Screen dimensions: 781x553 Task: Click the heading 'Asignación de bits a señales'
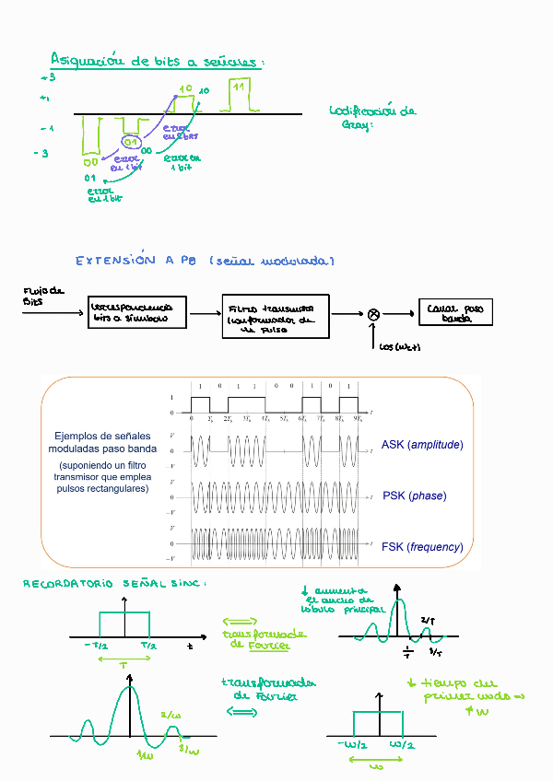tap(157, 62)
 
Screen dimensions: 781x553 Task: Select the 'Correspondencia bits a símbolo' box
tap(137, 313)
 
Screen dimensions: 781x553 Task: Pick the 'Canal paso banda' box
tap(455, 313)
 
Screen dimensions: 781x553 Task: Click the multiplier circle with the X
tap(373, 314)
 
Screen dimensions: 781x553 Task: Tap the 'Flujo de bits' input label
tap(42, 297)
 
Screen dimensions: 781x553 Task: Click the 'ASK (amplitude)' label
tap(422, 445)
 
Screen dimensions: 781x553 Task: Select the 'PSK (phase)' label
tap(414, 495)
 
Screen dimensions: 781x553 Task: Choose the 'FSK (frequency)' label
tap(422, 547)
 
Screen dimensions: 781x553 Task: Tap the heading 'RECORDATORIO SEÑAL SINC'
tap(112, 584)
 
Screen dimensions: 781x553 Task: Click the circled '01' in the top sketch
tap(131, 143)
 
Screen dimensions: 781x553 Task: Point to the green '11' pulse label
tap(239, 87)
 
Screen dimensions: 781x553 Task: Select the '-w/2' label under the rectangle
tap(351, 744)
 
